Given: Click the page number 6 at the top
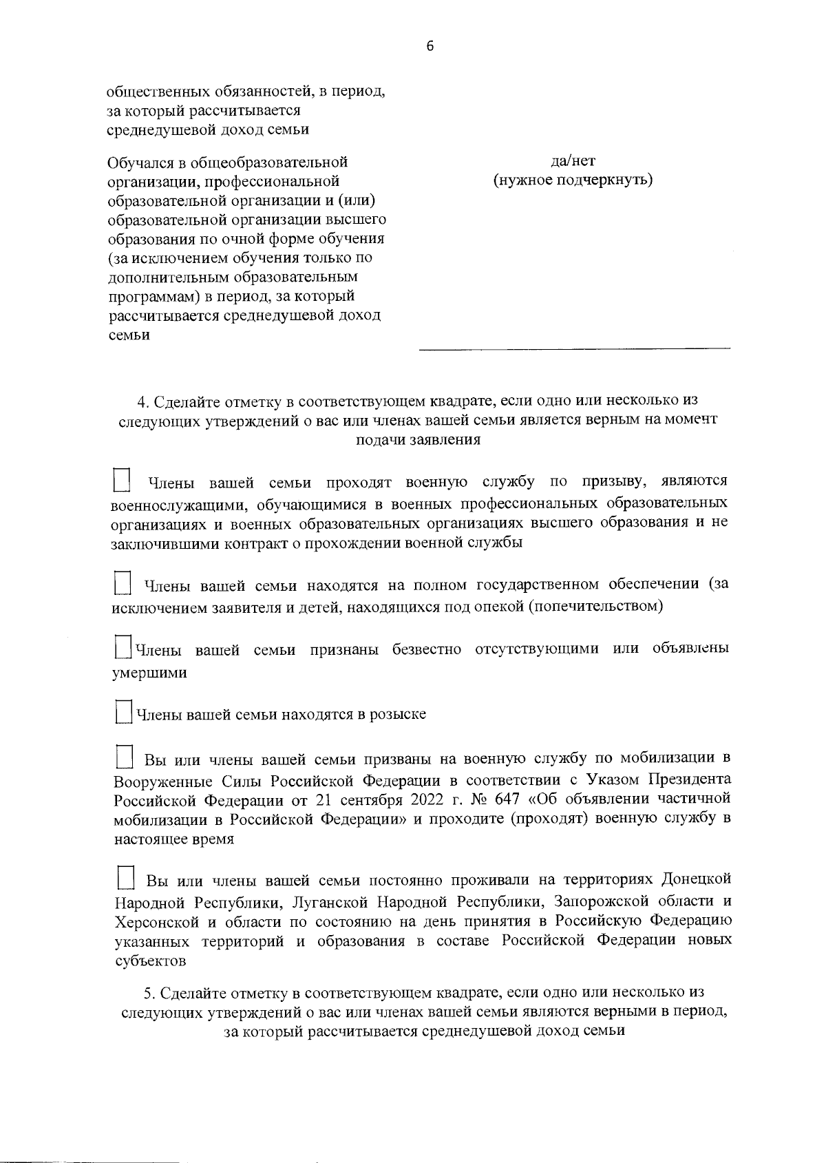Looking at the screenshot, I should (430, 46).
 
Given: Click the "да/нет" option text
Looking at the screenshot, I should (573, 160).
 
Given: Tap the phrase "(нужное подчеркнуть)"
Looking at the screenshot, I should (573, 180).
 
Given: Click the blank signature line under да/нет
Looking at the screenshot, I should (575, 350).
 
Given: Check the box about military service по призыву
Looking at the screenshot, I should (122, 480).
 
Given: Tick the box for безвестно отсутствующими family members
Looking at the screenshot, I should (123, 647).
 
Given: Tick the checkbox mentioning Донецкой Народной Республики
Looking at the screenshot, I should (125, 878).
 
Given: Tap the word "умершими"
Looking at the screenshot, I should (149, 673).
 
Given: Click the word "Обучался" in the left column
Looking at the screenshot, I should (140, 163).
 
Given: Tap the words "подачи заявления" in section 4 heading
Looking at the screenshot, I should (417, 440).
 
